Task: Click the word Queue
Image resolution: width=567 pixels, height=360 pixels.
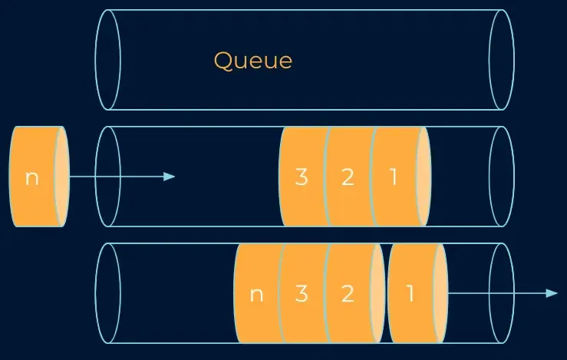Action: (x=252, y=60)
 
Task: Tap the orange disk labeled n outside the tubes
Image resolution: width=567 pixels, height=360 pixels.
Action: (x=33, y=177)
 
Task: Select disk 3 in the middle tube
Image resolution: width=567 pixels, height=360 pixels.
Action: (x=302, y=177)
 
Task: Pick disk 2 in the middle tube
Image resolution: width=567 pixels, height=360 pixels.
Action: (x=348, y=177)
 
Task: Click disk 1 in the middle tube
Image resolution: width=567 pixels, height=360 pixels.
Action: (x=394, y=177)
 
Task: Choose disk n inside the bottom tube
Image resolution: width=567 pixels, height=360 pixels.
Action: (x=256, y=293)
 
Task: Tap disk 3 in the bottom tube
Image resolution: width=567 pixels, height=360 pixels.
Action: (x=302, y=293)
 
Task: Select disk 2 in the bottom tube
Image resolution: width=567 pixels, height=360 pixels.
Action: (x=348, y=293)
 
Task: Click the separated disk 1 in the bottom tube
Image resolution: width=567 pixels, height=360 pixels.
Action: (x=411, y=293)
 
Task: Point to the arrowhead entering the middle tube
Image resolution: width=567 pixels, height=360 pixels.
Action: (x=170, y=177)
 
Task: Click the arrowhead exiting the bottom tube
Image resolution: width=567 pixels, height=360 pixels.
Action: (x=551, y=293)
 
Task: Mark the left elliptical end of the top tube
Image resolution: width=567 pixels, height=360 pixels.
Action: (x=108, y=60)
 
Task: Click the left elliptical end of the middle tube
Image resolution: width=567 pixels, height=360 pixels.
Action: (x=108, y=177)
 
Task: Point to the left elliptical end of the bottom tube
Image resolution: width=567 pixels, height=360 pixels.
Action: (x=108, y=293)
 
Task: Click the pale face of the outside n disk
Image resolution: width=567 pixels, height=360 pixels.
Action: (x=62, y=177)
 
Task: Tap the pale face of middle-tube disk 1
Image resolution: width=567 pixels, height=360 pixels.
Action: (x=423, y=177)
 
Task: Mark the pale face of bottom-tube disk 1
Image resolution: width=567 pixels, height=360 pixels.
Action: (x=440, y=293)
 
